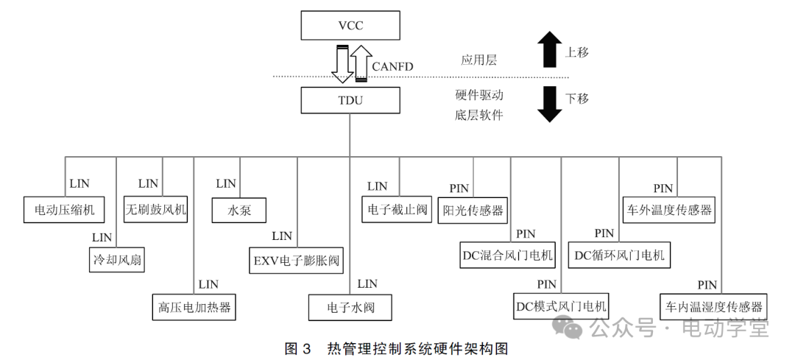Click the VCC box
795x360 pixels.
click(x=350, y=27)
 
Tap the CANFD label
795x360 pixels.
click(x=392, y=67)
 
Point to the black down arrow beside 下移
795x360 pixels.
click(x=549, y=103)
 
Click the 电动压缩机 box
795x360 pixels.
click(x=64, y=210)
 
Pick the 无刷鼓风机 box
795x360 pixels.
click(x=155, y=210)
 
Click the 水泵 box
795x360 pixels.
click(x=240, y=210)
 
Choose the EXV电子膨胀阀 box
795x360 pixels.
click(x=298, y=259)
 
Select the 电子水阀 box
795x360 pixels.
click(x=350, y=307)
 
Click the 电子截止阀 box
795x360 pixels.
click(x=397, y=210)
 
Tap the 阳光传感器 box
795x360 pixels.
click(x=473, y=210)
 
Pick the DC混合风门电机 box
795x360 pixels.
click(x=508, y=255)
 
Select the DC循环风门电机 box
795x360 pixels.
click(x=620, y=255)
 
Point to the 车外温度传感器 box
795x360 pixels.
click(x=669, y=210)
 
